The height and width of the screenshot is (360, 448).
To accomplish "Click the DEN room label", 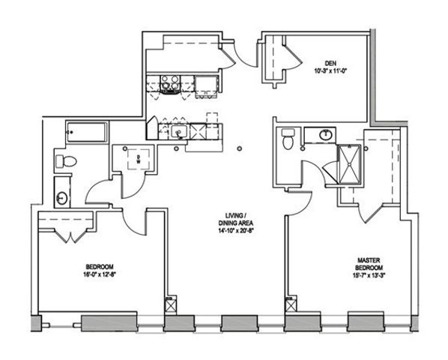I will click(329, 63).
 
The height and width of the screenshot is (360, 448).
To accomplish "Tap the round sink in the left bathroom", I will click(61, 199).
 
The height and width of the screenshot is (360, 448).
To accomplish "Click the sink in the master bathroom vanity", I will click(326, 135).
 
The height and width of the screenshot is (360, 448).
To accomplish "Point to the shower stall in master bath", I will click(347, 163).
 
